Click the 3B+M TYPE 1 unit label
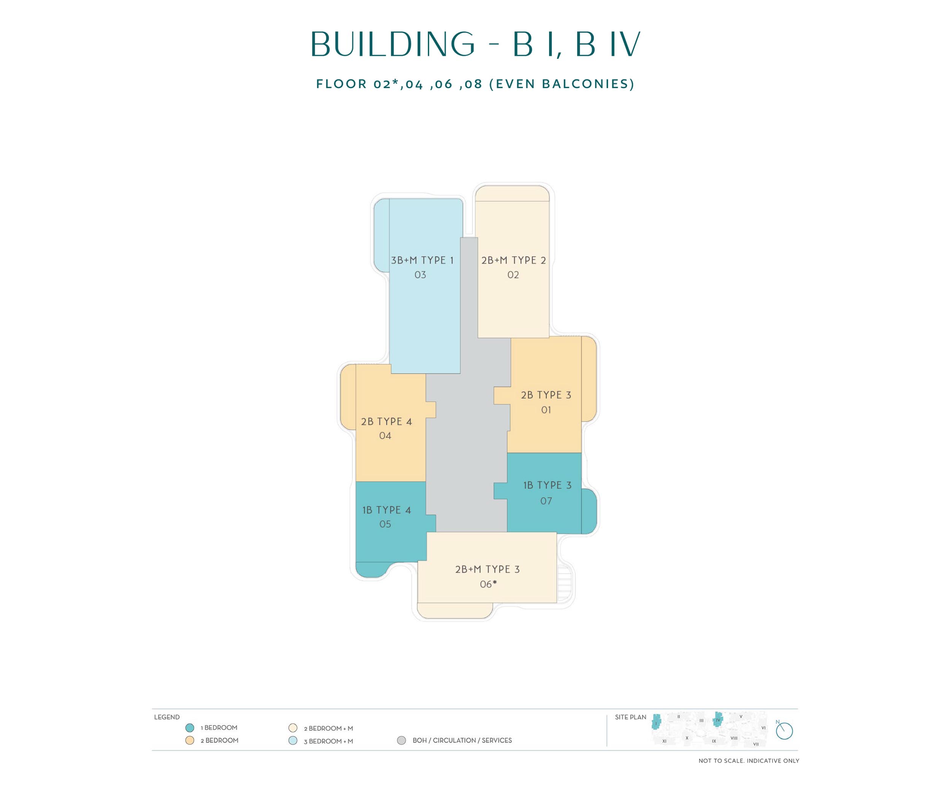point(422,260)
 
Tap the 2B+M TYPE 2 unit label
point(513,260)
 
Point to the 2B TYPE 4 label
point(386,422)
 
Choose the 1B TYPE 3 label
point(547,485)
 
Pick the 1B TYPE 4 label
point(386,510)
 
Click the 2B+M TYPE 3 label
point(487,569)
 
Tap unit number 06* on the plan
point(488,584)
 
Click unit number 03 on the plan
point(420,275)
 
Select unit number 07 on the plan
point(546,501)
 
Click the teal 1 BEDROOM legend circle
point(190,728)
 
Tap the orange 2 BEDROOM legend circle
point(190,740)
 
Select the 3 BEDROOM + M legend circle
point(293,741)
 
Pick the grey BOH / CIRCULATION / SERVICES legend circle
point(401,740)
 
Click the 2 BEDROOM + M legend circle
point(293,728)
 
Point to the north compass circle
point(784,731)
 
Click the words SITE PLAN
point(631,717)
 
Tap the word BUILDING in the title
point(393,44)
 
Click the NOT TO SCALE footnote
point(749,761)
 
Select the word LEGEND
point(167,717)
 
